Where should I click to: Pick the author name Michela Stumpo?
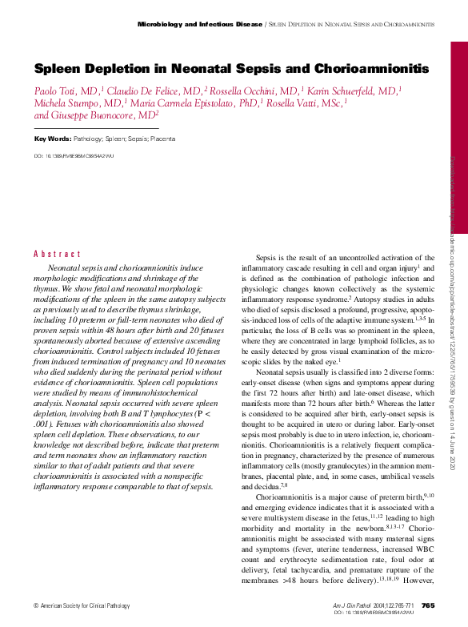coord(68,103)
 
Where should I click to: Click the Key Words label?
coord(50,139)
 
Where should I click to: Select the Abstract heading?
coord(58,254)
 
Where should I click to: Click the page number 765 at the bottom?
coord(427,605)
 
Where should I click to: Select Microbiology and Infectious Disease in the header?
coord(200,25)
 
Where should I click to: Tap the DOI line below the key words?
coord(74,156)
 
